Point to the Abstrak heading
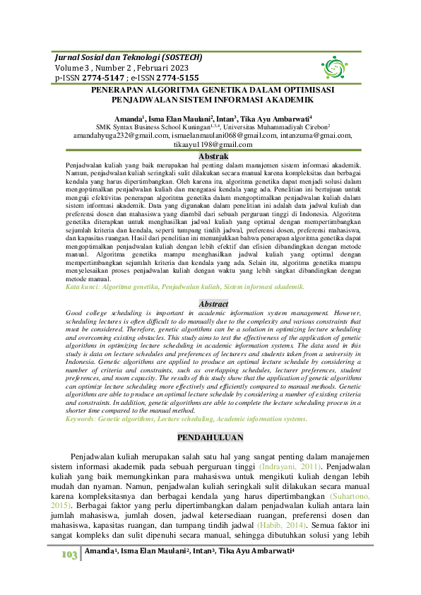point(213,155)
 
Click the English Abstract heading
point(213,304)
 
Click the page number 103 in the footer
point(67,575)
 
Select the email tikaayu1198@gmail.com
point(213,144)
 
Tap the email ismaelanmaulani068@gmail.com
point(224,134)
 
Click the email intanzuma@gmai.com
point(316,134)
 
